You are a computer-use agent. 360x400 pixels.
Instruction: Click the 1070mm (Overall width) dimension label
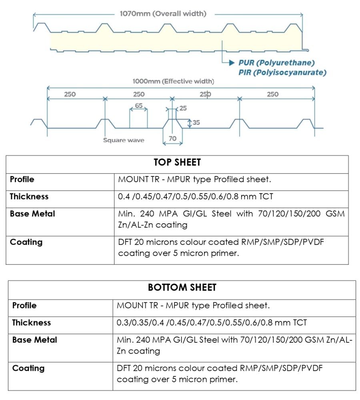click(x=163, y=14)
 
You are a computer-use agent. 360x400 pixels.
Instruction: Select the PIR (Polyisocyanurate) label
click(x=282, y=72)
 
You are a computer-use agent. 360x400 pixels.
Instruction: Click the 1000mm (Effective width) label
click(x=173, y=82)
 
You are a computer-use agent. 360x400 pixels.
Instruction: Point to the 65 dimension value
click(x=138, y=106)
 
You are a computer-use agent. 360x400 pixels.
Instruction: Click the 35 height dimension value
click(x=196, y=123)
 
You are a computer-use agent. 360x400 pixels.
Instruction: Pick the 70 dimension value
click(x=172, y=139)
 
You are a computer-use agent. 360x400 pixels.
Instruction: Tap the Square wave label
click(x=124, y=140)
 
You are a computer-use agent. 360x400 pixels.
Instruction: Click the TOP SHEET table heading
click(x=177, y=162)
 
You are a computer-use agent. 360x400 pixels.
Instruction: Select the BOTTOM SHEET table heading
click(x=182, y=288)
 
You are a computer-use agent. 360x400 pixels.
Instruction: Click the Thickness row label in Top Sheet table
click(x=29, y=196)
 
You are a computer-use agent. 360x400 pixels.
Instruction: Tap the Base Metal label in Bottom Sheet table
click(x=35, y=340)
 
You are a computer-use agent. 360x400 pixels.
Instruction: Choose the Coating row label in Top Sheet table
click(x=26, y=242)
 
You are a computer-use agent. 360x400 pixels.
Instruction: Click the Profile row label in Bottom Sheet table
click(x=24, y=305)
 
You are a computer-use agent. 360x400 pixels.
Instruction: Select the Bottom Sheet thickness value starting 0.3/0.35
click(x=212, y=322)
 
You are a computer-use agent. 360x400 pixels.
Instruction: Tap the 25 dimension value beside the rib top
click(x=183, y=108)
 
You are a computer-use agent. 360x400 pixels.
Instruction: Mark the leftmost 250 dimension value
click(x=70, y=94)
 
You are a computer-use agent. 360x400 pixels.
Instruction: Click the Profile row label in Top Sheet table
click(x=22, y=179)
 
